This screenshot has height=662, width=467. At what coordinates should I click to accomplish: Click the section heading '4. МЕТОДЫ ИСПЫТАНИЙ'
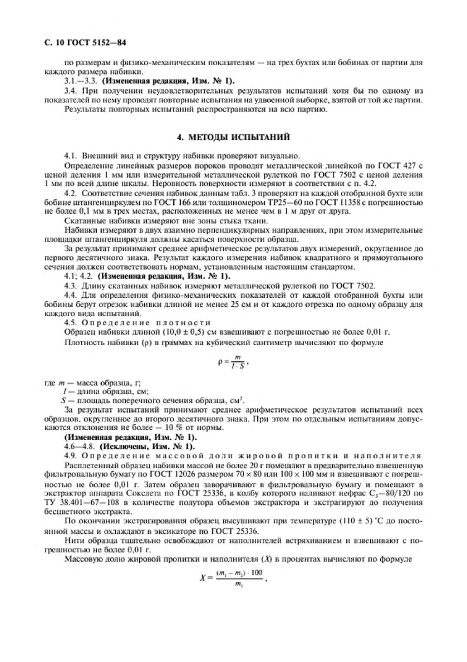pyautogui.click(x=233, y=137)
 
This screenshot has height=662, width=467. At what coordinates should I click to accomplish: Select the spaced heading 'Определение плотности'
pyautogui.click(x=146, y=323)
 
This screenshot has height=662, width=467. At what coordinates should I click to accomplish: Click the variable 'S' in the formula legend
pyautogui.click(x=63, y=400)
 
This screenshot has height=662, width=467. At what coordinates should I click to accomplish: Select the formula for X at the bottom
pyautogui.click(x=233, y=578)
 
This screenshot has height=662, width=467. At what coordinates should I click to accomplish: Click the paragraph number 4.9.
pyautogui.click(x=71, y=456)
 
